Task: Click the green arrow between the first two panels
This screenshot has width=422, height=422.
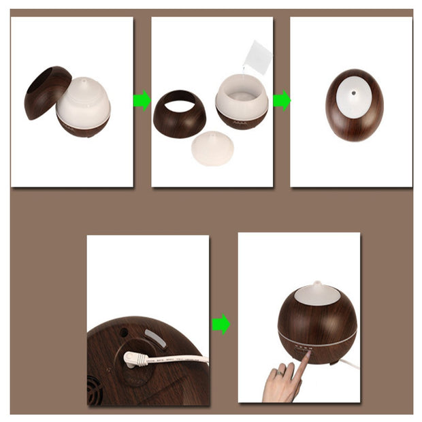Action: click(142, 101)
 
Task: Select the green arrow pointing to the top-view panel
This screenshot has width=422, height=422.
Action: click(281, 101)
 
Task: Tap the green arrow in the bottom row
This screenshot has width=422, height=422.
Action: click(221, 324)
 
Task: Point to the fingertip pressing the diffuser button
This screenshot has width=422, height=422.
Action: click(306, 355)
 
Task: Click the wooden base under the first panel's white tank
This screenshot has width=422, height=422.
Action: click(84, 127)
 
